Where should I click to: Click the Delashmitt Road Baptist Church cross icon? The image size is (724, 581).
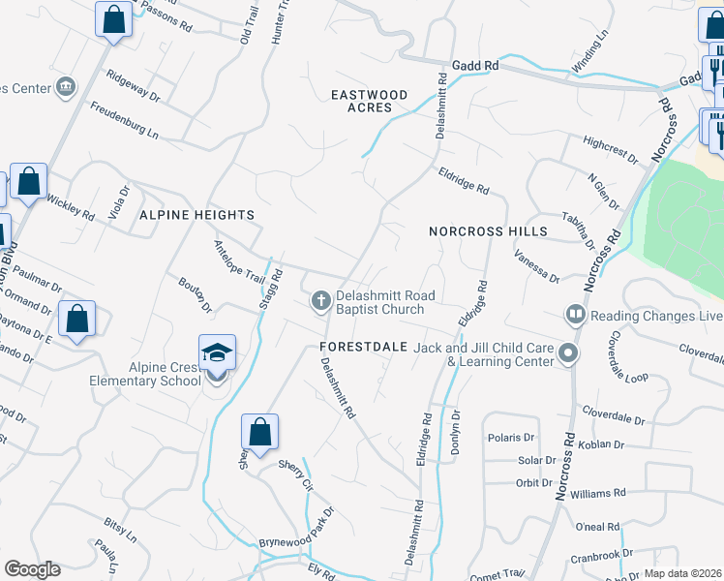click(x=320, y=301)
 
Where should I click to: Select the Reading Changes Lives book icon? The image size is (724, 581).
click(x=575, y=315)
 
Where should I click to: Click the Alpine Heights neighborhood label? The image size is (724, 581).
click(x=196, y=215)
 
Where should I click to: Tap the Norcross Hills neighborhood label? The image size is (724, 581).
click(x=489, y=232)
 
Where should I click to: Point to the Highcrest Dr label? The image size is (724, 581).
click(x=611, y=149)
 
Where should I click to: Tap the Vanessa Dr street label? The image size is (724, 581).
click(x=537, y=264)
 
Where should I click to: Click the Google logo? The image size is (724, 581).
click(x=32, y=569)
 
